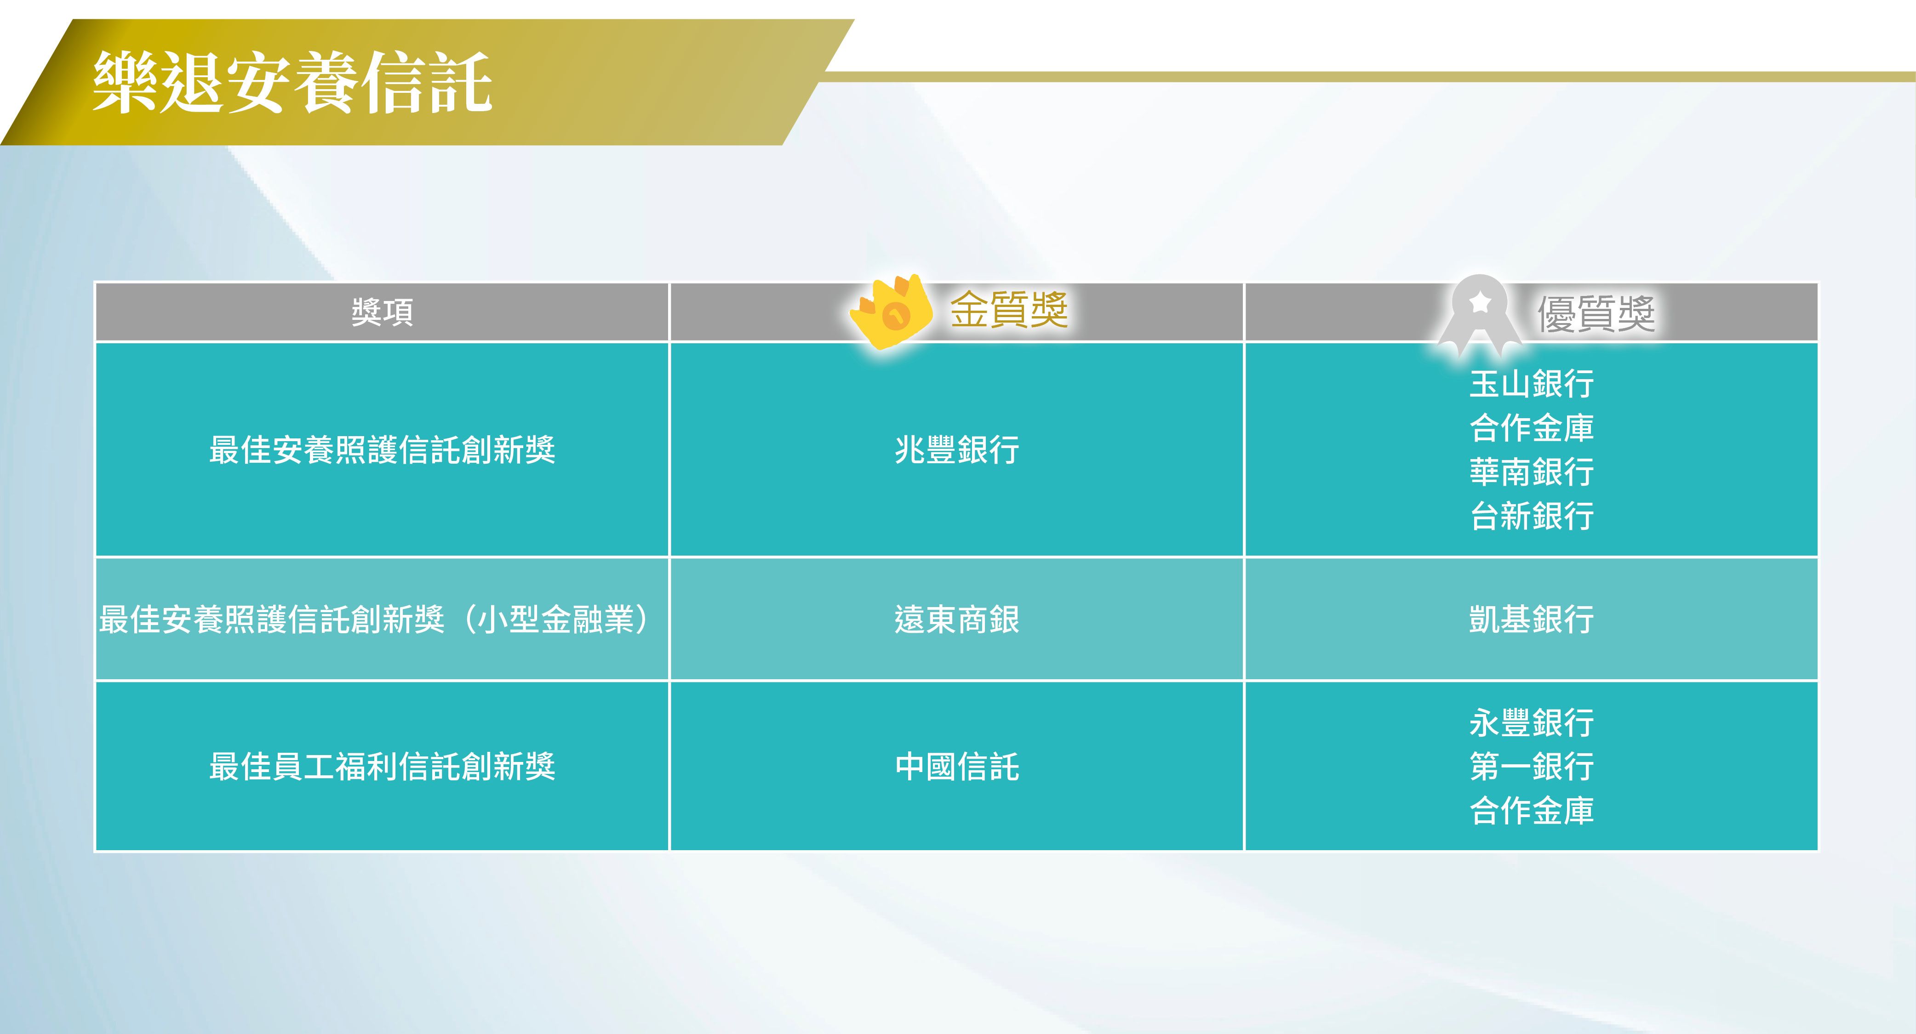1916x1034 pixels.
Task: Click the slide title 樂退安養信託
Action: [x=292, y=83]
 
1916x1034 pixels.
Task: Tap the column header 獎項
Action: [x=382, y=312]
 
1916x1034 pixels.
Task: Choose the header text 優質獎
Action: [x=1596, y=313]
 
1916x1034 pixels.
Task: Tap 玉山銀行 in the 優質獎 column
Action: [x=1532, y=384]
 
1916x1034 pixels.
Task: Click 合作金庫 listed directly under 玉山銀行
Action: [x=1532, y=427]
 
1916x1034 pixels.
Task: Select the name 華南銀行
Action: [x=1532, y=472]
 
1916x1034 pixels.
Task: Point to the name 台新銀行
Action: [x=1532, y=515]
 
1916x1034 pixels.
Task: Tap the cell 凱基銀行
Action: [x=1532, y=619]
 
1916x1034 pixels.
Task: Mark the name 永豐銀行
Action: [x=1532, y=722]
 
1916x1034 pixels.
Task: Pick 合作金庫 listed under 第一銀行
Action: [x=1532, y=810]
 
